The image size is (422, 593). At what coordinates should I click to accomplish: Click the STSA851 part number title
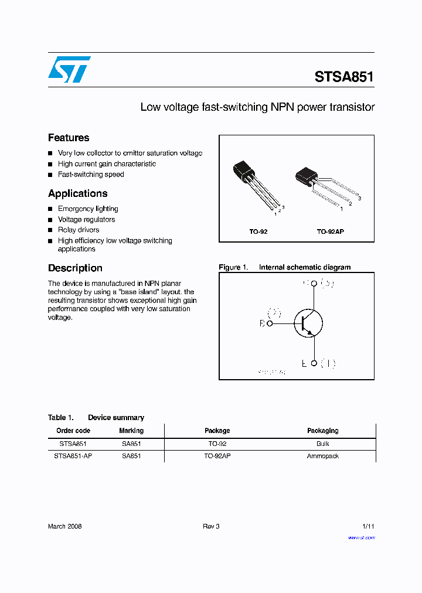pos(344,77)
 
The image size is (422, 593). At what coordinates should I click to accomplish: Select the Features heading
pos(69,138)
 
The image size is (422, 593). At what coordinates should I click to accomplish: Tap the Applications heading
pos(77,193)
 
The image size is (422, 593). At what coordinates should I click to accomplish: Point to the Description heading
pos(75,268)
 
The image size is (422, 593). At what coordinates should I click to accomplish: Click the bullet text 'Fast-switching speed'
pos(91,175)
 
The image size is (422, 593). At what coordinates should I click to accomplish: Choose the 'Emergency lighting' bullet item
pos(88,209)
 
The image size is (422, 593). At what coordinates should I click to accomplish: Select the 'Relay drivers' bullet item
pos(79,230)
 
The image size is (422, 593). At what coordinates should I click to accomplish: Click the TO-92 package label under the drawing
pos(258,232)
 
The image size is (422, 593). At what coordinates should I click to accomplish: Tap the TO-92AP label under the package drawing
pos(331,232)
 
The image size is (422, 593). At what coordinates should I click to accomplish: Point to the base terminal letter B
pos(262,323)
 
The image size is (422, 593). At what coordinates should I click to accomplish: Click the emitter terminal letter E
pos(304,363)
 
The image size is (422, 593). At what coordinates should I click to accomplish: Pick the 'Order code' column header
pos(73,431)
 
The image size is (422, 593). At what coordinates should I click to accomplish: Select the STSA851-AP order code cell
pos(73,456)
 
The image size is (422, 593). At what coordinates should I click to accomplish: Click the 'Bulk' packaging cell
pos(323,444)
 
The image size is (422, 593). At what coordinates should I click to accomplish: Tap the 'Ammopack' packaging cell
pos(323,456)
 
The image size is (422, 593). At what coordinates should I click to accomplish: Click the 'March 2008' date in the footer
pos(64,526)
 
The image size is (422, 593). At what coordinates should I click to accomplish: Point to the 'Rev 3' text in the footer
pos(211,526)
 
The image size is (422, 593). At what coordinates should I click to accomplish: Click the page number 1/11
pos(368,526)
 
